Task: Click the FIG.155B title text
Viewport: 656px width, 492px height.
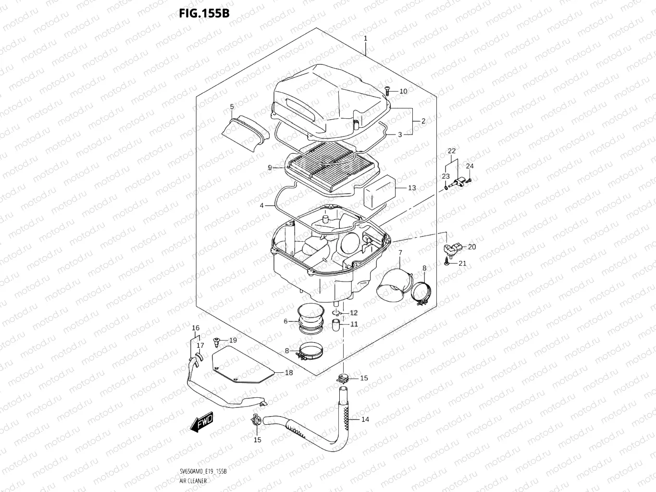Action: [x=204, y=13]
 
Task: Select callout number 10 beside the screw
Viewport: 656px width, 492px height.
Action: [x=403, y=91]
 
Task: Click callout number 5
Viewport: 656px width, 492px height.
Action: [x=232, y=107]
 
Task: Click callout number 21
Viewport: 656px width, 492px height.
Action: [x=462, y=263]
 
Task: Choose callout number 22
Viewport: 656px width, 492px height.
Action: [x=452, y=151]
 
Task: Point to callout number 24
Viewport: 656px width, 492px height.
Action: [x=470, y=166]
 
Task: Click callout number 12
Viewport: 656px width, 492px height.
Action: [x=354, y=313]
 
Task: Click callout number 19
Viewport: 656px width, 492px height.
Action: [x=233, y=340]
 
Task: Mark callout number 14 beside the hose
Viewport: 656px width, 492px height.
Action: [x=365, y=419]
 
